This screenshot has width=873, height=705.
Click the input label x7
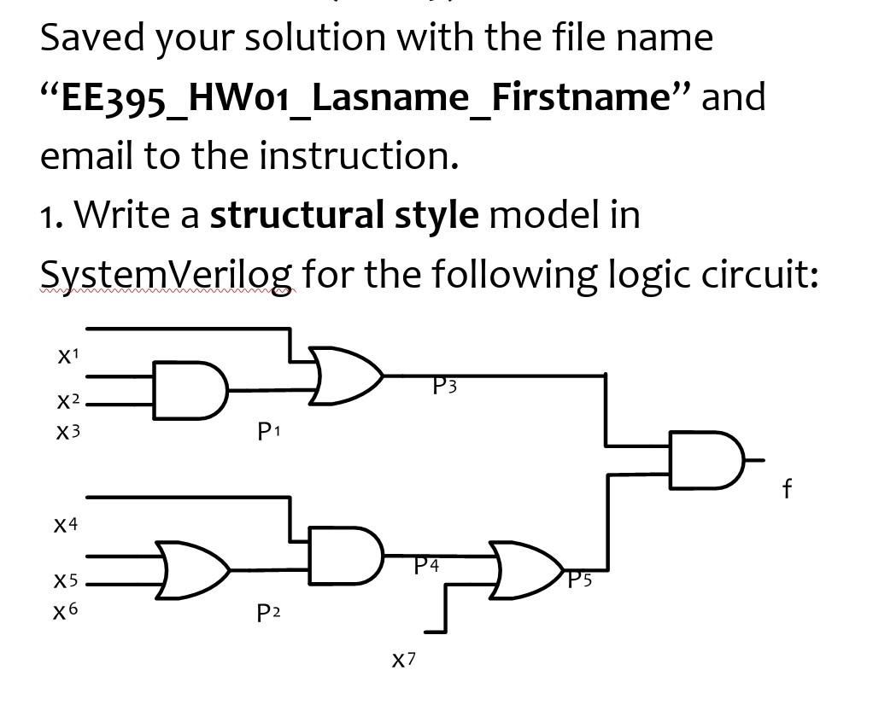[404, 659]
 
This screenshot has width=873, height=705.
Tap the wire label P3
[444, 387]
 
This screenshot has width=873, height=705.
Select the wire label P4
[426, 565]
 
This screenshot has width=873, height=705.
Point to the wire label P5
[580, 580]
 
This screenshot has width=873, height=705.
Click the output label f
[787, 488]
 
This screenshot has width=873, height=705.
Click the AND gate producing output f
[706, 460]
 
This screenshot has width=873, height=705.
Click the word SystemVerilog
[167, 275]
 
